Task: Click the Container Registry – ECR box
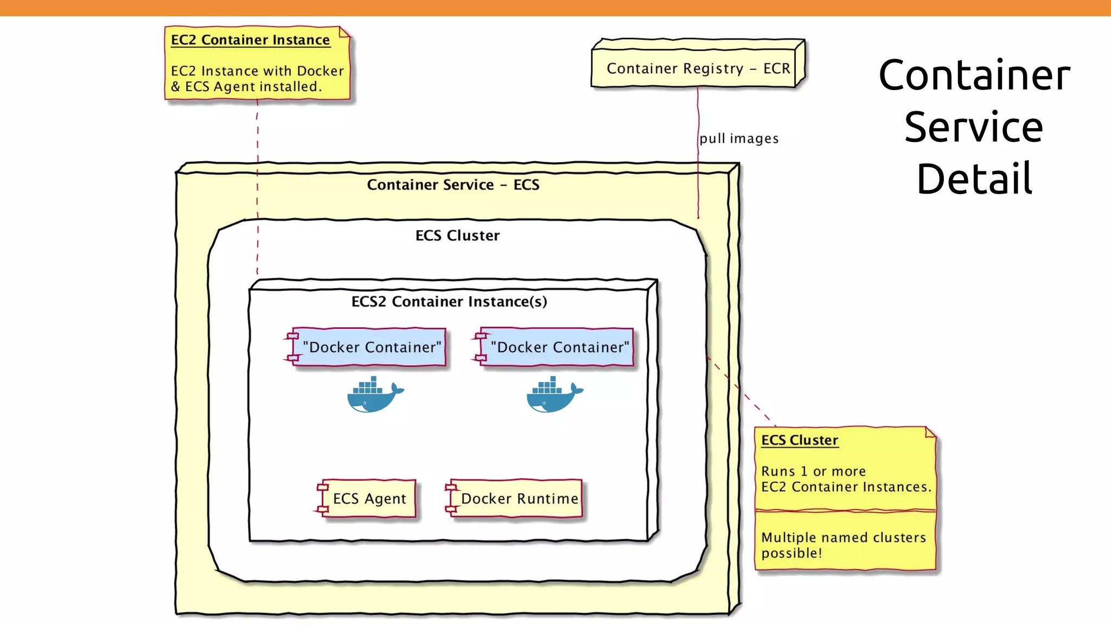tap(698, 68)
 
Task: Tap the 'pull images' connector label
tap(739, 139)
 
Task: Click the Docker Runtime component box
tap(518, 499)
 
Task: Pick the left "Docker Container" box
tap(371, 347)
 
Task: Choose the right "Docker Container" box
tap(559, 347)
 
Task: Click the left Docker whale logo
tap(375, 395)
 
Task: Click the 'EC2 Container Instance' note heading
tap(250, 40)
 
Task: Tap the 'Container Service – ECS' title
tap(453, 185)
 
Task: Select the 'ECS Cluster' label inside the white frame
tap(457, 235)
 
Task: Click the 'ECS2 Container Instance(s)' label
tap(449, 302)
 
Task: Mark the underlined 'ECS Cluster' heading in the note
tap(800, 440)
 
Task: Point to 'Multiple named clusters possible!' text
tap(843, 545)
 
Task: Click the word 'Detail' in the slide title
tap(974, 178)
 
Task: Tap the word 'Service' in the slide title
tap(974, 127)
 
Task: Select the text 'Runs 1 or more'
tap(813, 471)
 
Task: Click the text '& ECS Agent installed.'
tap(246, 87)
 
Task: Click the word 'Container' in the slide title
tap(974, 75)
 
